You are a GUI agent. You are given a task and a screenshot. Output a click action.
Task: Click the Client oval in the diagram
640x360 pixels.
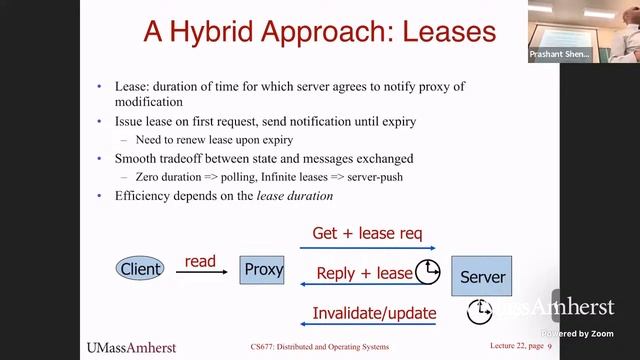(141, 269)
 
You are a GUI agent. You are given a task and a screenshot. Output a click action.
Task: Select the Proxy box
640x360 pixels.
(264, 269)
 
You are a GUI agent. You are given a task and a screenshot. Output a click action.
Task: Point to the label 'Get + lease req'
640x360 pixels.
(368, 234)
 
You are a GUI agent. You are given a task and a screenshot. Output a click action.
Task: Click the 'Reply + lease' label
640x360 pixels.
(364, 273)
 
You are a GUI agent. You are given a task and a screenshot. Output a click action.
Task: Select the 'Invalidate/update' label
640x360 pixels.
(374, 313)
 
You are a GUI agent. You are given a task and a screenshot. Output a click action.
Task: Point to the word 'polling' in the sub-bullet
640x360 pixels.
(251, 176)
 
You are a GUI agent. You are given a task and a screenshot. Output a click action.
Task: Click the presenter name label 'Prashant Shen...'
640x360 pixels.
(559, 54)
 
